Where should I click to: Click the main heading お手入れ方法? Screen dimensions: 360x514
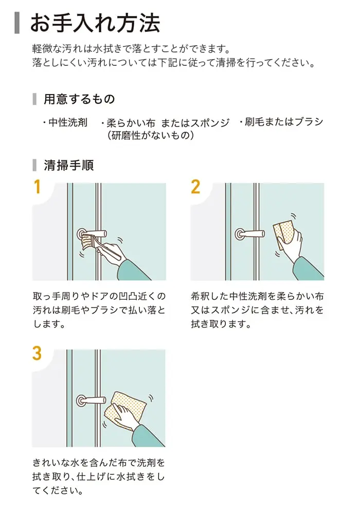click(x=95, y=23)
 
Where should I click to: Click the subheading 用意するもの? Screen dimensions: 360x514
click(x=79, y=99)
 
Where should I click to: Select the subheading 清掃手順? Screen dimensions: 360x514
click(x=69, y=165)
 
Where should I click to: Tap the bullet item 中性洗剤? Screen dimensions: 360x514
click(x=65, y=122)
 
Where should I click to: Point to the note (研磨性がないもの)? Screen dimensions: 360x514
click(x=151, y=135)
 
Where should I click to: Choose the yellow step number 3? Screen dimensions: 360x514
click(x=37, y=354)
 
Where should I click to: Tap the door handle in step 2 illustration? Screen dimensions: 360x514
click(x=250, y=234)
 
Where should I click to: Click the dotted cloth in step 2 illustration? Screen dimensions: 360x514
click(x=284, y=233)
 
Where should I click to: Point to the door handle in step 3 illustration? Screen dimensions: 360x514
click(x=91, y=400)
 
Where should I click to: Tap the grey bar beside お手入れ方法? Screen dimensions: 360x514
click(x=17, y=23)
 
